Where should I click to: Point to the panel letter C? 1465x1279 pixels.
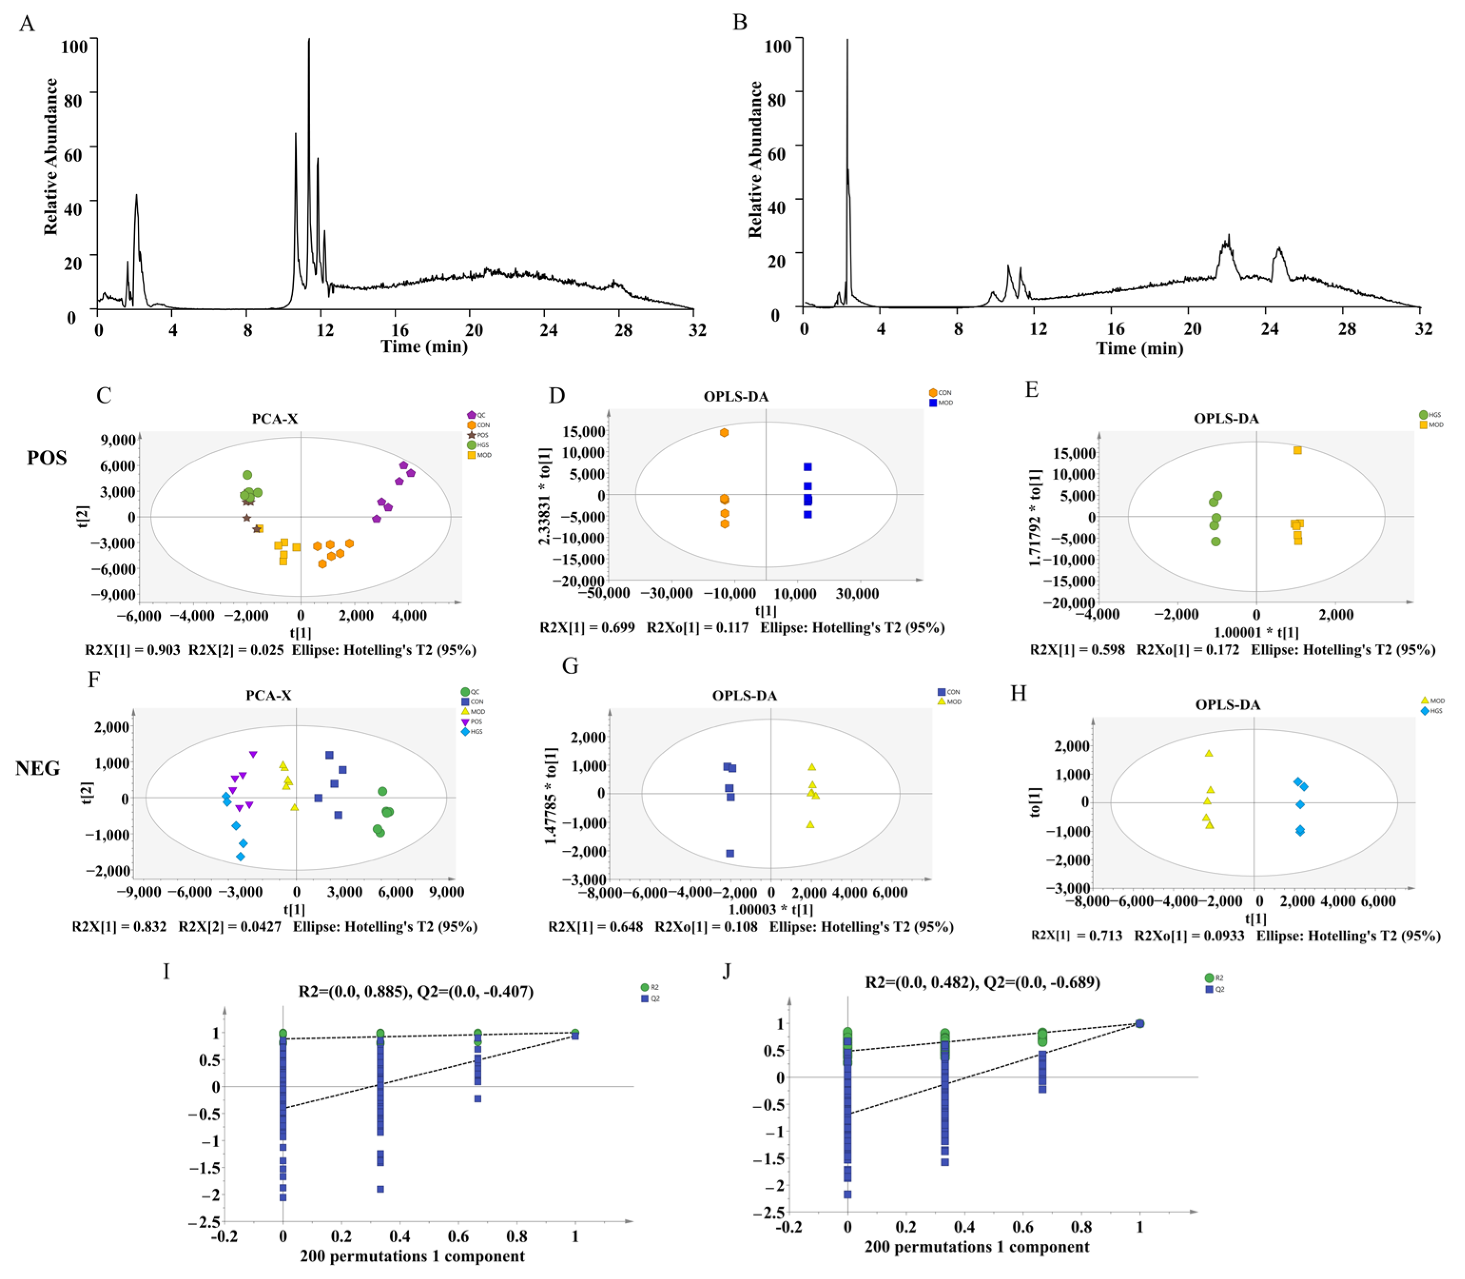(x=104, y=395)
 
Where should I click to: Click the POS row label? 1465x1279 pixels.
(x=47, y=458)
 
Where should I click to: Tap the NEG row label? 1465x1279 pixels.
(x=38, y=768)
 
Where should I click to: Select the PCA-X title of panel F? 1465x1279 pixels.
(x=268, y=695)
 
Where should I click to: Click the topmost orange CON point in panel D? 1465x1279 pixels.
(x=724, y=433)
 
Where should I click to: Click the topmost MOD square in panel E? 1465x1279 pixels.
(x=1297, y=450)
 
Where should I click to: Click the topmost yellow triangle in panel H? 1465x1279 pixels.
(x=1209, y=753)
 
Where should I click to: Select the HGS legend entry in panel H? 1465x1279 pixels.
(x=1431, y=711)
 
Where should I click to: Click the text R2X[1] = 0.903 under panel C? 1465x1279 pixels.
(x=133, y=650)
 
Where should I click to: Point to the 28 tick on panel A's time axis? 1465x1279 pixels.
(x=623, y=330)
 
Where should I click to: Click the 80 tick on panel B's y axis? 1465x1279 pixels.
(x=776, y=99)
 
